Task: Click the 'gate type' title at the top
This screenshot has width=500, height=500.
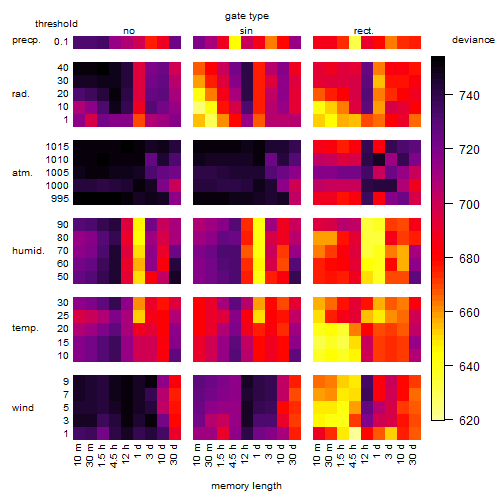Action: click(247, 16)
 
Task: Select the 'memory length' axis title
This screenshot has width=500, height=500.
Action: click(246, 486)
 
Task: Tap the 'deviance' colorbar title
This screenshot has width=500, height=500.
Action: click(473, 40)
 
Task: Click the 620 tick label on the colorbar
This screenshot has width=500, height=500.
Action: click(469, 421)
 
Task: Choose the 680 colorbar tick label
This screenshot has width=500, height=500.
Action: click(469, 259)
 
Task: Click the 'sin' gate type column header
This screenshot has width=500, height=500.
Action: click(246, 31)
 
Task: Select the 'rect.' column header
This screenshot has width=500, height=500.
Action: click(363, 31)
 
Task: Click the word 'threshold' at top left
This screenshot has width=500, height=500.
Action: click(56, 24)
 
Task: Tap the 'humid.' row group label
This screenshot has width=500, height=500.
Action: click(28, 251)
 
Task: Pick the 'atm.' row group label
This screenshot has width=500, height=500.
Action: click(22, 173)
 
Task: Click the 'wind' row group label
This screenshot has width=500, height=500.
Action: click(23, 408)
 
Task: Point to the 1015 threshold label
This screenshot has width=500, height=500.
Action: click(57, 147)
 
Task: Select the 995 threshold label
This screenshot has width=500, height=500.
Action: click(60, 199)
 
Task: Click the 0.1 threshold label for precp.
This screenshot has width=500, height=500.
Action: click(61, 42)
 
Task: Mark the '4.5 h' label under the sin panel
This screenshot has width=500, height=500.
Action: click(232, 456)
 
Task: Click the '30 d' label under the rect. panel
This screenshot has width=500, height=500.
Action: click(412, 454)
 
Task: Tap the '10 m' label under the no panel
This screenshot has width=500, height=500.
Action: click(78, 455)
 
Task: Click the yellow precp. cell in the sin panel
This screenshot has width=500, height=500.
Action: click(235, 42)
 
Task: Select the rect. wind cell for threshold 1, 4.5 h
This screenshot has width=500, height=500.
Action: click(355, 433)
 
